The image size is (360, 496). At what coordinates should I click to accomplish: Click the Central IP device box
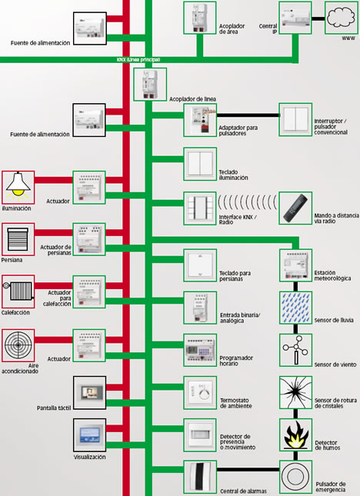point(296,18)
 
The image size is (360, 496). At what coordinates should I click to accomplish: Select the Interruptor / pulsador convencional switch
point(296,119)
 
